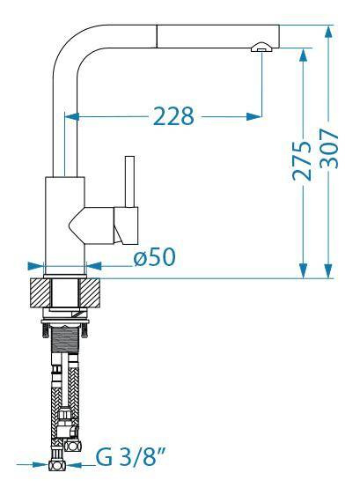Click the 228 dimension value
[173, 116]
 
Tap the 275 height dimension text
[301, 161]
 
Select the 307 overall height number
[329, 148]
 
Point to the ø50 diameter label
[154, 256]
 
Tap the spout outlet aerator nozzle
[261, 47]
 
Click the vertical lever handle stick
[129, 181]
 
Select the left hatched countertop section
[40, 293]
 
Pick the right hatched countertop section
[90, 293]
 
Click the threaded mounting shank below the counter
[64, 340]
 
